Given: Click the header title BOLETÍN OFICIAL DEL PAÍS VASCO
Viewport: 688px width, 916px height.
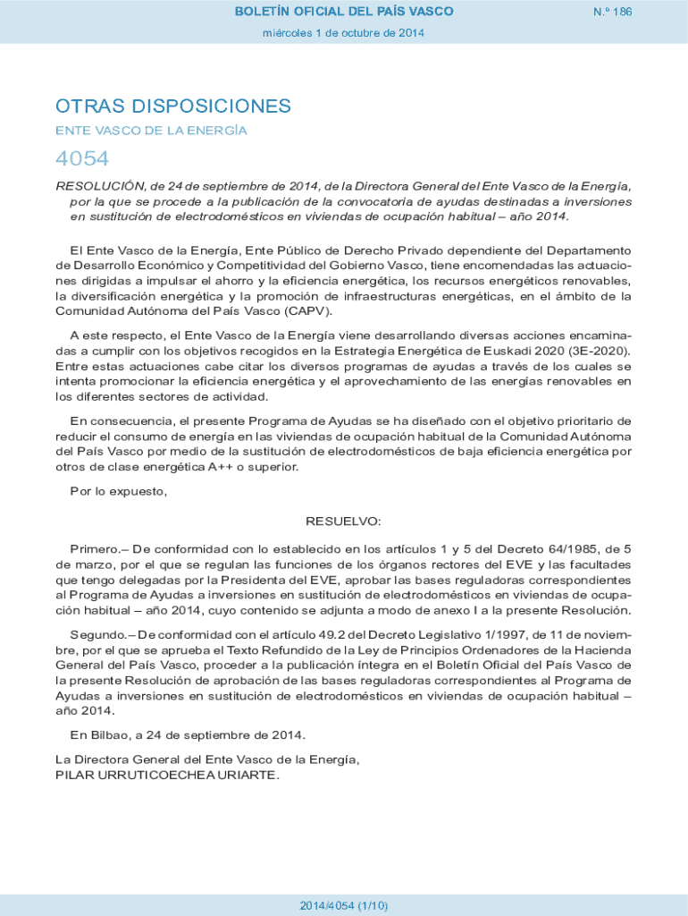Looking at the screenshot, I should click(x=344, y=12).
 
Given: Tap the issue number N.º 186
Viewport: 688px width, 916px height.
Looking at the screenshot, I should click(x=612, y=12).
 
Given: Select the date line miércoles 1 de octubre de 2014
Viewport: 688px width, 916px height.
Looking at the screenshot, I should click(x=344, y=33).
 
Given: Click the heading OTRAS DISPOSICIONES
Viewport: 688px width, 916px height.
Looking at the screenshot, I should click(x=173, y=106).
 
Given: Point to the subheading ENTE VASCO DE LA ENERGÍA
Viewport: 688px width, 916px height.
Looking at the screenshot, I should click(x=151, y=131).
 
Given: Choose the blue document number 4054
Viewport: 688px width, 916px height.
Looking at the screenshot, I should click(x=82, y=159).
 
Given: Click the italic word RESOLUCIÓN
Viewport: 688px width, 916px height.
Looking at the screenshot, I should click(x=100, y=186).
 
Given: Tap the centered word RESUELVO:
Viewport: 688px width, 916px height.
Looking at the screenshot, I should click(x=344, y=521).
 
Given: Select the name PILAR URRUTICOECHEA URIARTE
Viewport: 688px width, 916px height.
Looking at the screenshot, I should click(x=167, y=775).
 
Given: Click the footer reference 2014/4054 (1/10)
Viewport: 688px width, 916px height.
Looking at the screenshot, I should click(x=344, y=905).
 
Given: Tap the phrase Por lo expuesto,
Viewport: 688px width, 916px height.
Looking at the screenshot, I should click(x=119, y=490).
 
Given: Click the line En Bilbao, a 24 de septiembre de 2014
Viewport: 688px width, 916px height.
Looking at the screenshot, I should click(x=188, y=735).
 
